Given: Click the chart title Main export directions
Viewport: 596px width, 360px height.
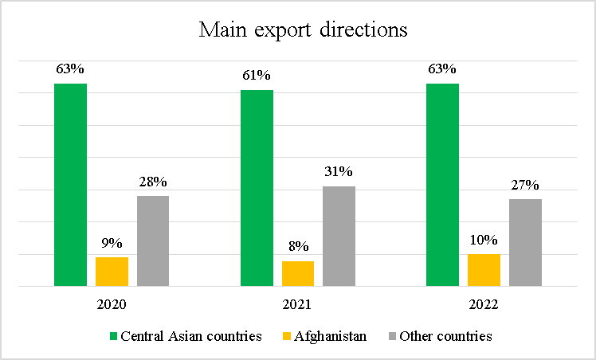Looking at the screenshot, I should (303, 30).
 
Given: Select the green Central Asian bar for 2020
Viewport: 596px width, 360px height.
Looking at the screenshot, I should (70, 184).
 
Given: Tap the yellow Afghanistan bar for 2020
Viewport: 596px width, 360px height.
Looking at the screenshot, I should (112, 271).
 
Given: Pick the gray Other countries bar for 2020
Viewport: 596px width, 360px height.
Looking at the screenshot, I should (153, 241).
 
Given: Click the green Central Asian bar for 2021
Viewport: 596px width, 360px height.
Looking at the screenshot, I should (257, 187).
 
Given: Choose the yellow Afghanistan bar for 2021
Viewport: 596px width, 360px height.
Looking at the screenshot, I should (298, 273).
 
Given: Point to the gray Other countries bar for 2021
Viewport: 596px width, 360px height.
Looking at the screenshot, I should (339, 236).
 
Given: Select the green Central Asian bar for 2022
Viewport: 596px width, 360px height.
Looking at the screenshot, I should (442, 184).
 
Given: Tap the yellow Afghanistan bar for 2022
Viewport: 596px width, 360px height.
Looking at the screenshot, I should (484, 269).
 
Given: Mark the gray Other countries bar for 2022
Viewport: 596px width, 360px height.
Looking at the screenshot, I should (525, 242).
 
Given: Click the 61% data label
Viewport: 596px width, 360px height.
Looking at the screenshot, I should (257, 76).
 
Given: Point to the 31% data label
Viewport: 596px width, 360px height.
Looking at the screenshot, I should (339, 172).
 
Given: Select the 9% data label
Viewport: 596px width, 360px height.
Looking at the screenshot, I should (112, 243).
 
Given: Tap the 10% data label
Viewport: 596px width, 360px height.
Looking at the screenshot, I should (484, 240).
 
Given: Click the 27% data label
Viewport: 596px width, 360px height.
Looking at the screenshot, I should (525, 185).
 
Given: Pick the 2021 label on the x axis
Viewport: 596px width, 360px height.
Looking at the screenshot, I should (297, 304).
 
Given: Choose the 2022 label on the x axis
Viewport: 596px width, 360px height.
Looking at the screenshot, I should (484, 304).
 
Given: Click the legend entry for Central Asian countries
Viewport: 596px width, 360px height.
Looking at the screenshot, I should (191, 336).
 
